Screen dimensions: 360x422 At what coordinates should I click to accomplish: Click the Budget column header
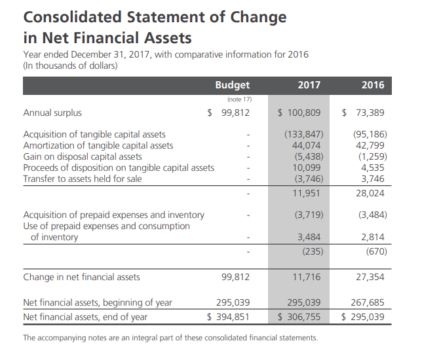click(x=232, y=85)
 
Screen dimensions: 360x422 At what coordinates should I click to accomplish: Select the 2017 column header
click(x=309, y=85)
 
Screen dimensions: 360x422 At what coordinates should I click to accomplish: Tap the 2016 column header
click(x=372, y=85)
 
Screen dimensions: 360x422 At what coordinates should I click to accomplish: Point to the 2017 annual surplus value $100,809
click(x=299, y=113)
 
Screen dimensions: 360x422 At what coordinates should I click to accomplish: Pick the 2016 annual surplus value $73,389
click(x=363, y=113)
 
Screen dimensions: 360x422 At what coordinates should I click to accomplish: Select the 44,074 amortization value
click(x=306, y=145)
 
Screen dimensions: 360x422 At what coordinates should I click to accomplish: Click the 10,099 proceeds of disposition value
click(x=306, y=168)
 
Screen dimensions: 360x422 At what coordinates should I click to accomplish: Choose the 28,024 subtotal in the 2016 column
click(x=370, y=194)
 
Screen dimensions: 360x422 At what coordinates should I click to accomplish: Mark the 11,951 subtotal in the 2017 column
click(x=306, y=194)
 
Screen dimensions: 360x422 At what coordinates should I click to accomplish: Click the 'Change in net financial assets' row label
click(x=81, y=277)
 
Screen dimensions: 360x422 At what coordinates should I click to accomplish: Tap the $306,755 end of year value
click(x=299, y=317)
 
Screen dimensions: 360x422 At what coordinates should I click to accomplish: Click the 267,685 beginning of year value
click(x=368, y=302)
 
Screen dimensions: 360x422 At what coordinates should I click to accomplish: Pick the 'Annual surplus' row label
click(x=52, y=113)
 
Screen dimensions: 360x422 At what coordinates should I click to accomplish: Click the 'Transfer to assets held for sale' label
click(x=82, y=179)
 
